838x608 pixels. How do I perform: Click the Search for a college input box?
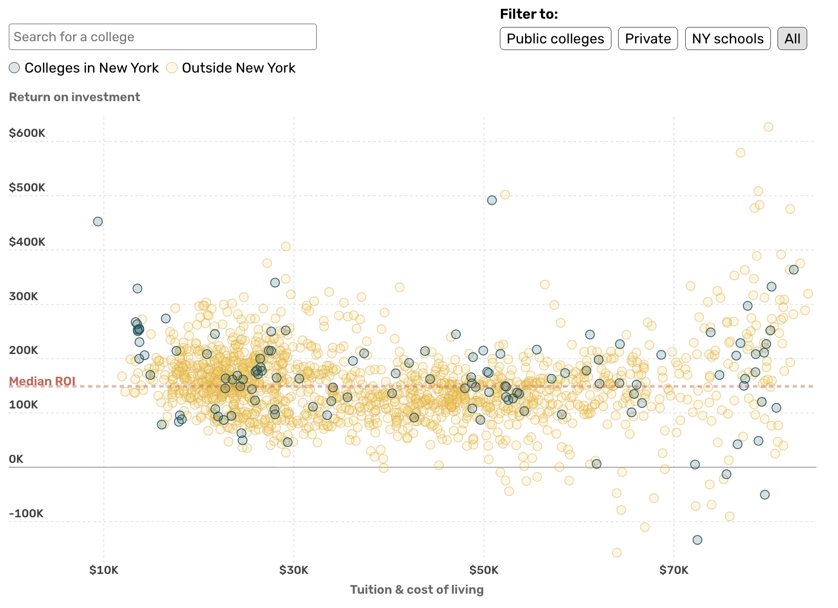pos(162,37)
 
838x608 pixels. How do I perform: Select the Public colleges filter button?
pos(555,38)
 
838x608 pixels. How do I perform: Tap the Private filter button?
pos(647,38)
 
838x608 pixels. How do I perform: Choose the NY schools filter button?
pos(727,38)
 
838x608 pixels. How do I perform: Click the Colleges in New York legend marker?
pos(15,68)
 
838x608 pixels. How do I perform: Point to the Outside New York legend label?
pos(238,68)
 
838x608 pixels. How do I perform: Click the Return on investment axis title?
pos(74,97)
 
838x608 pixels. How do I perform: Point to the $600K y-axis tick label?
pos(27,133)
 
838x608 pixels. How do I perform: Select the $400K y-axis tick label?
pos(27,242)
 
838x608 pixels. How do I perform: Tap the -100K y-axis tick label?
pos(26,513)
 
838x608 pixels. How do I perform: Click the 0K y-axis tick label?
pos(16,459)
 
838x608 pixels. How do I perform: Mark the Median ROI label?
pos(42,382)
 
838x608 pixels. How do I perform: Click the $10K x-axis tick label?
pos(103,570)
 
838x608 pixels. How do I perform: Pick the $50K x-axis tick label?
pos(484,570)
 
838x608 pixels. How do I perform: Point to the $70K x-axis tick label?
pos(674,570)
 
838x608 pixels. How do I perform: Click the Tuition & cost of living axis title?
pos(417,590)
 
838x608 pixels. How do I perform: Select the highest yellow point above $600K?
pos(768,127)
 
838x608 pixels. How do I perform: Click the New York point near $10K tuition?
pos(98,222)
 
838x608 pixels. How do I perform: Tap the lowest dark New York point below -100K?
pos(697,540)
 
